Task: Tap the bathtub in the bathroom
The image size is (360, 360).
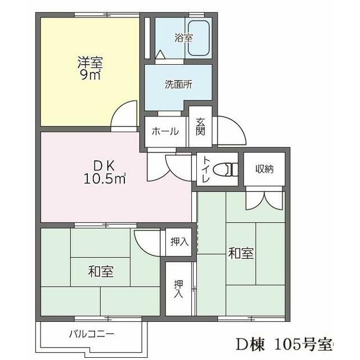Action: (x=199, y=38)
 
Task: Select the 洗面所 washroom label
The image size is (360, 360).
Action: (x=178, y=85)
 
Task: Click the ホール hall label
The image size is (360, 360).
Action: (x=166, y=132)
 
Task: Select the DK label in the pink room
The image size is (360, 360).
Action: (x=104, y=166)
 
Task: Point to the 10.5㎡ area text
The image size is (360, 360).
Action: (x=104, y=179)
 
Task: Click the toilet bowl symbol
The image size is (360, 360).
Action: (x=227, y=168)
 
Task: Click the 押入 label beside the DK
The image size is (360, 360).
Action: (x=179, y=242)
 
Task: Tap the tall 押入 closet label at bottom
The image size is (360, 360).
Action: (x=178, y=288)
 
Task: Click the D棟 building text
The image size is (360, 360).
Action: (x=250, y=344)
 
